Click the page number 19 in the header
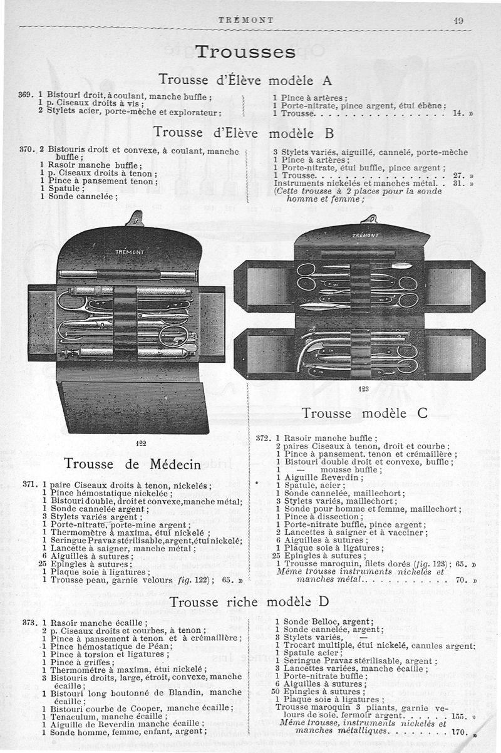pos(458,20)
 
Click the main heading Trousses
pos(245,51)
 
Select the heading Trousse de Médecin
pos(132,464)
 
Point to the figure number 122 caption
pos(141,443)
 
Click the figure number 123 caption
pos(363,389)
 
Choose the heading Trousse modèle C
pos(364,413)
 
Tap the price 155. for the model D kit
pos(459,715)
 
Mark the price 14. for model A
pos(457,115)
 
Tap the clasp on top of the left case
pos(133,219)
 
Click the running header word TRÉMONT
pos(245,20)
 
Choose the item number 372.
pos(264,438)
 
